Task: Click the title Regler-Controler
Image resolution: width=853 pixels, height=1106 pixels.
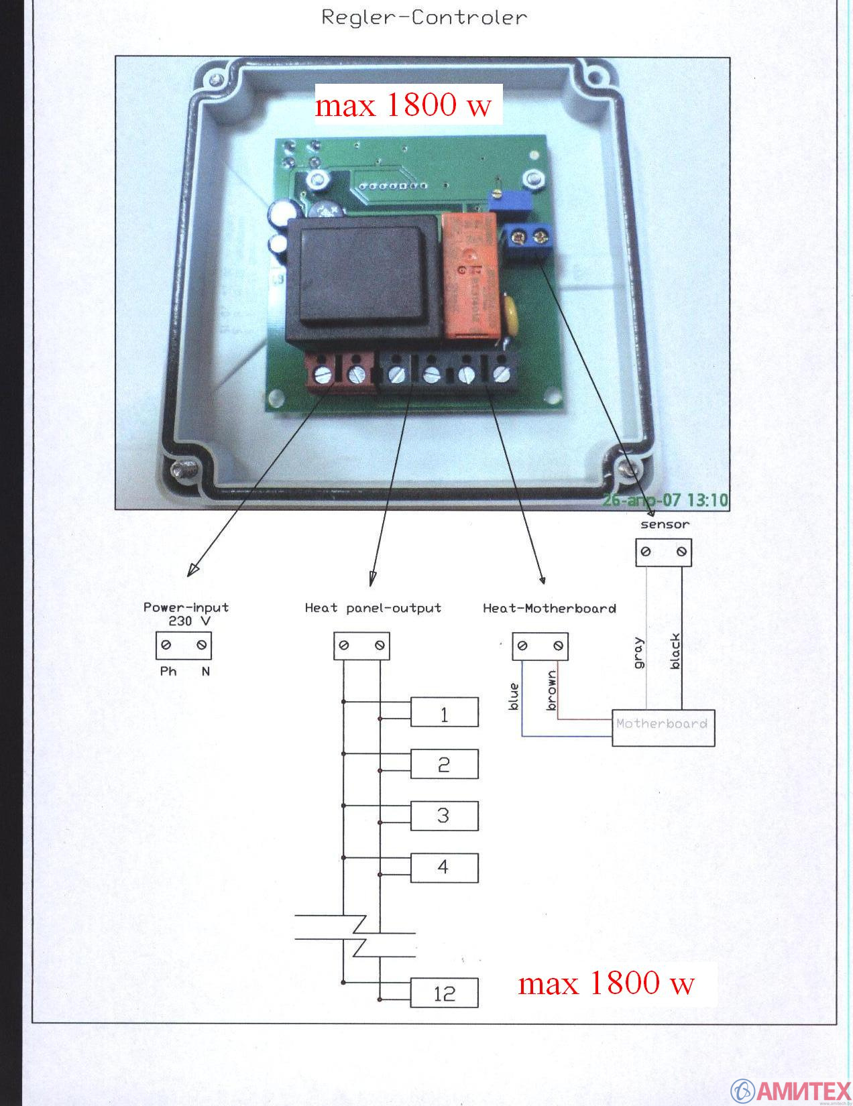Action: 424,17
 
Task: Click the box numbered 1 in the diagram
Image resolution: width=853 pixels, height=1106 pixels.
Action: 444,712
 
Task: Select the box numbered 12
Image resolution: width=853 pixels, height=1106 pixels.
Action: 444,993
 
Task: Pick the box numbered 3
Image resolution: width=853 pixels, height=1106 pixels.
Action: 444,815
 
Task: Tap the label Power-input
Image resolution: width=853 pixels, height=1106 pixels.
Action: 186,607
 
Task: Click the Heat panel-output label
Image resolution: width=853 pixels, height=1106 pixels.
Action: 373,608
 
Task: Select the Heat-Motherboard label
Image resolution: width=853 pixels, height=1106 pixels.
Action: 549,608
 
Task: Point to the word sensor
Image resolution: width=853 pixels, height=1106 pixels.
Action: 664,524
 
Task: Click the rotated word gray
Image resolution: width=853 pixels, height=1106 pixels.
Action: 638,652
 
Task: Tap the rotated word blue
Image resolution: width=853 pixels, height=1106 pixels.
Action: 514,696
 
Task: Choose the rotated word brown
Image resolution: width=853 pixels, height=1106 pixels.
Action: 551,690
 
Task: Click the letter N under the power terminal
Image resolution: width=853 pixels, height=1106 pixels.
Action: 205,671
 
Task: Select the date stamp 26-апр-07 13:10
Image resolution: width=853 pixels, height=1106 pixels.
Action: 665,500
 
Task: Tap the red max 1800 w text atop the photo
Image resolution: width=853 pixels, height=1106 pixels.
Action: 404,105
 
